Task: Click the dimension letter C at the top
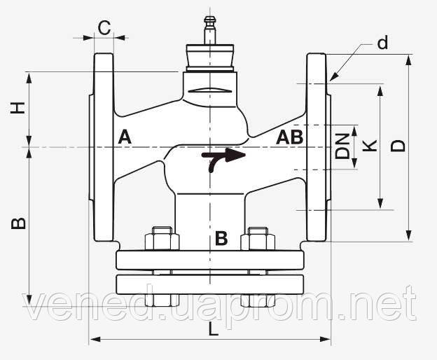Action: coord(104,28)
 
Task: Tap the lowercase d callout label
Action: coord(382,43)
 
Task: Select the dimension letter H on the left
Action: coord(18,108)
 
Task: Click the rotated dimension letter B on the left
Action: coord(18,223)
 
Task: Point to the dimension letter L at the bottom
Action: coord(213,329)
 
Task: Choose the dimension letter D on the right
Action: coord(398,146)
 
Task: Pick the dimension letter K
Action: coord(370,146)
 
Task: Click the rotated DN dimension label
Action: coord(342,146)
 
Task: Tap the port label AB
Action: coord(289,137)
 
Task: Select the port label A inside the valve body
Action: coord(125,137)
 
